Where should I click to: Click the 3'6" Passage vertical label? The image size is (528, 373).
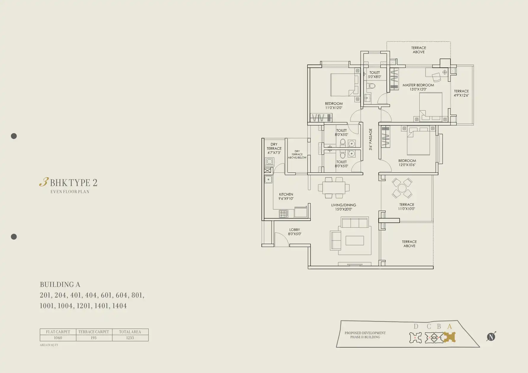click(x=370, y=139)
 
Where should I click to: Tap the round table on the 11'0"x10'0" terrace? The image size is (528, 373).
click(x=402, y=188)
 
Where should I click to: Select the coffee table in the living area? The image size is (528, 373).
click(x=355, y=240)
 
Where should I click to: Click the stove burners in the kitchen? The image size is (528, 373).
click(x=284, y=214)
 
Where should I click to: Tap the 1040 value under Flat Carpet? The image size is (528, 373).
click(x=58, y=338)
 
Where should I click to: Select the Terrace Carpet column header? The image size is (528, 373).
click(x=94, y=332)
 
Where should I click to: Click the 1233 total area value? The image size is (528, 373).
click(x=130, y=338)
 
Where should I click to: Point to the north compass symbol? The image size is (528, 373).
click(x=491, y=337)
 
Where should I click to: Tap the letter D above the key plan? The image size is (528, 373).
click(x=416, y=327)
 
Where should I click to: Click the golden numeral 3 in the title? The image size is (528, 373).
click(x=44, y=182)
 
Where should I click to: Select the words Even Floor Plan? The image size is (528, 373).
click(x=70, y=192)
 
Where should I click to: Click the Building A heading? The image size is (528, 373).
click(x=60, y=285)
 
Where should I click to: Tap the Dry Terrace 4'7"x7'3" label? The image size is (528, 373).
click(x=274, y=148)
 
